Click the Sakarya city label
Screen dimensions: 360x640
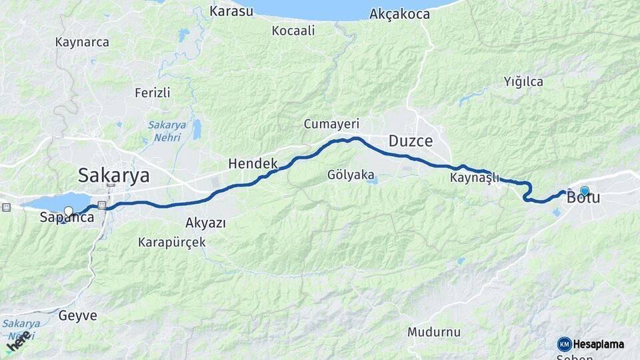coord(114,175)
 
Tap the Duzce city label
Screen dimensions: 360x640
coord(411,141)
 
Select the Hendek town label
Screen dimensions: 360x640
coord(253,163)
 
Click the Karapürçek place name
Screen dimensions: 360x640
coord(172,242)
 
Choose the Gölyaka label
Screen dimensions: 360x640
coord(351,175)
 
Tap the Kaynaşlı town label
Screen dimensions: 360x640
coord(475,178)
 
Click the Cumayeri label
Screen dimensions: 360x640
coord(331,124)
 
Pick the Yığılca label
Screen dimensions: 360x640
coord(523,82)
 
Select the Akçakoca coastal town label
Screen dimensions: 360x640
coord(399,13)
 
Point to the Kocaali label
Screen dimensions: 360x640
coord(293,31)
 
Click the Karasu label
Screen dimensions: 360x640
coord(231,11)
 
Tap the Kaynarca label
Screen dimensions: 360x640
coord(82,42)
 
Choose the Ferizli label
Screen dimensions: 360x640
coord(152,93)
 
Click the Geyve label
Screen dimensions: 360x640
coord(78,315)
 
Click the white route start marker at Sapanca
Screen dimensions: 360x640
coord(68,212)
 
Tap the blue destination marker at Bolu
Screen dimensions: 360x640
coord(585,191)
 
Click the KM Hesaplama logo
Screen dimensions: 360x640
coord(591,344)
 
